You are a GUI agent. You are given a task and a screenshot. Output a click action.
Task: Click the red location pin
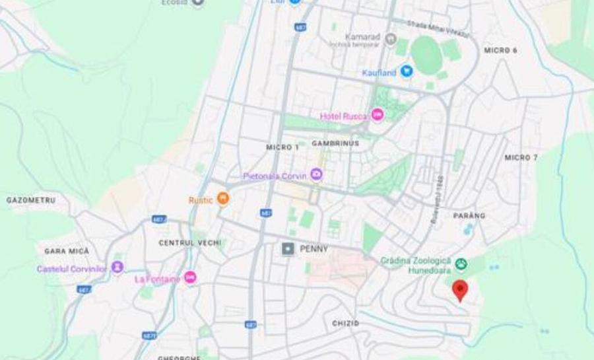coord(460,289)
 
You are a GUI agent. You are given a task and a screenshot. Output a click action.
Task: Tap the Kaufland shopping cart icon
coord(407,71)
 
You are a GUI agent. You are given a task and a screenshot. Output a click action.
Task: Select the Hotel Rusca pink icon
coord(377,115)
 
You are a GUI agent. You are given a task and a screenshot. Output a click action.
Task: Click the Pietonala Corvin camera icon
coord(317,175)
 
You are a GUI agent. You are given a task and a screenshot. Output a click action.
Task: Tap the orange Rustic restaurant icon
coord(223,198)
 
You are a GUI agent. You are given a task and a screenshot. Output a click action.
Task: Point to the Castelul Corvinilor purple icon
coord(117,268)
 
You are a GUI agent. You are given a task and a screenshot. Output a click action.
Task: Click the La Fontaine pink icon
coord(190,277)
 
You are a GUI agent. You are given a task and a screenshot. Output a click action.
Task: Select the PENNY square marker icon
coord(288,248)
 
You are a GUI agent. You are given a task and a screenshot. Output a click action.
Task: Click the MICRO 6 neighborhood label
coord(500,50)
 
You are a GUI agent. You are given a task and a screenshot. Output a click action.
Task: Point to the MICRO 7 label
coord(521,157)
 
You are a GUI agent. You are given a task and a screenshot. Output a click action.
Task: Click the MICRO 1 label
coord(282,147)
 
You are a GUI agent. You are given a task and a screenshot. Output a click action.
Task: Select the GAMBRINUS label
coord(335,143)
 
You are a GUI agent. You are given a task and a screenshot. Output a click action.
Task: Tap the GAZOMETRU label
coord(31,199)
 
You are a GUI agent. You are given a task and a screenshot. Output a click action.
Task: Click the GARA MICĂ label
coord(66,251)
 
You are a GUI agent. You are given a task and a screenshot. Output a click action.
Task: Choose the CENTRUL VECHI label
coord(190,242)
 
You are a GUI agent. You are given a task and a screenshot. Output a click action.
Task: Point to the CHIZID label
coord(346,323)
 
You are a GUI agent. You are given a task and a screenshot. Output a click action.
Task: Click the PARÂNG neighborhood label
coord(469,215)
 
